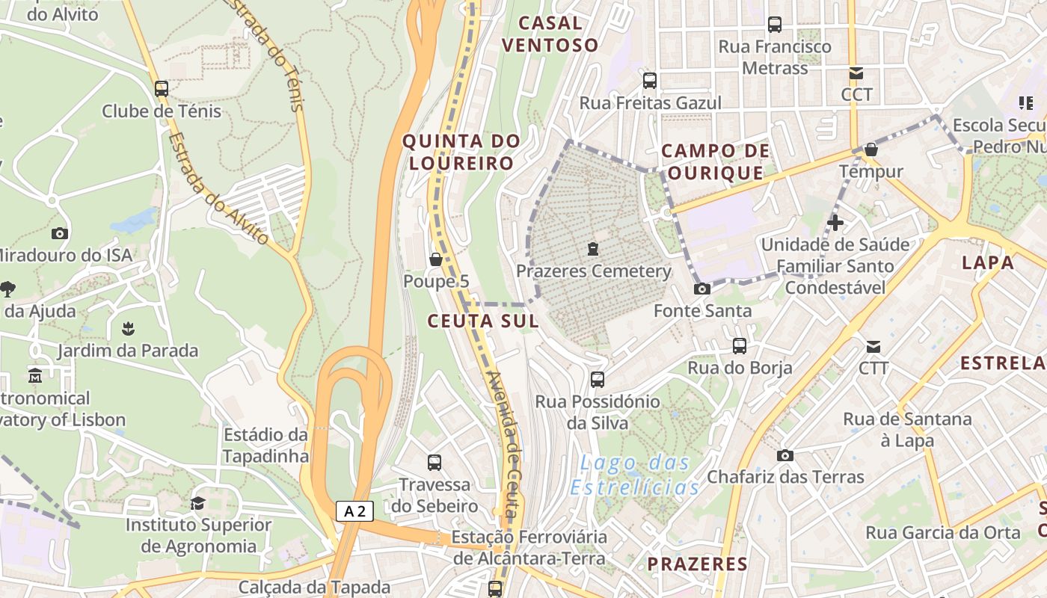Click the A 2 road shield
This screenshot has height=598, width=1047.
(x=354, y=511)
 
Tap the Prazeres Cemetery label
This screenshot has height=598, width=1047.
(x=594, y=271)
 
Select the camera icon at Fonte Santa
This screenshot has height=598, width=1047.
(x=701, y=289)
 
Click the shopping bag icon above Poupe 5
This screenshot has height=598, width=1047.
(x=435, y=259)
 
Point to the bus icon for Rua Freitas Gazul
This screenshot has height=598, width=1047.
(x=650, y=81)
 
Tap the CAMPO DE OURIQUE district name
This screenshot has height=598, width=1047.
(x=716, y=162)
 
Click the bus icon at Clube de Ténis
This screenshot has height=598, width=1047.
(x=162, y=89)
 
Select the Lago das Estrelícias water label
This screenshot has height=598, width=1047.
(x=634, y=475)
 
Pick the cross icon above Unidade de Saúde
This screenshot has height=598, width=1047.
(x=835, y=222)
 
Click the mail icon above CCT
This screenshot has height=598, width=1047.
(x=856, y=73)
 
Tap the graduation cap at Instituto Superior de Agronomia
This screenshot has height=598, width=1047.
(x=197, y=503)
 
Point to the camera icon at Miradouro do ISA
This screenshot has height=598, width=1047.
(x=60, y=233)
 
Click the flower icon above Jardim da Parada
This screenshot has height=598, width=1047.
(x=128, y=329)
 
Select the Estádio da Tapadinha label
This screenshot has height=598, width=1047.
(x=265, y=446)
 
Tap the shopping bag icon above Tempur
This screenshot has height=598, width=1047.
(x=871, y=149)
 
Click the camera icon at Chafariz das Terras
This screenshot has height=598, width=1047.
(x=785, y=455)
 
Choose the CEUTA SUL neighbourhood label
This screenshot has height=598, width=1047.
(x=482, y=321)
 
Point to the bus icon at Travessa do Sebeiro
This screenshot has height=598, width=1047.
(x=435, y=462)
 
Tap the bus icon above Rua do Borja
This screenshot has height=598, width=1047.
(x=740, y=346)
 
